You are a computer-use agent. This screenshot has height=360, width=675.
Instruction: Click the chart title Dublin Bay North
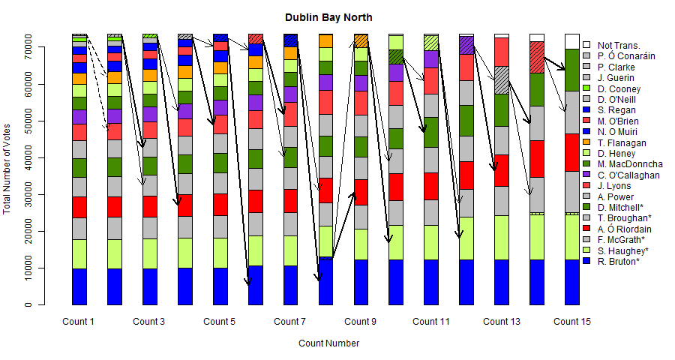328,17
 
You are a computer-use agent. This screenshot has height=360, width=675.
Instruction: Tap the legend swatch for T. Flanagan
586,142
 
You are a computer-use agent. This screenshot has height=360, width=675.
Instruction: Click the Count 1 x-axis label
78,322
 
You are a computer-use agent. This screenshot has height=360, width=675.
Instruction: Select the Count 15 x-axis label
572,322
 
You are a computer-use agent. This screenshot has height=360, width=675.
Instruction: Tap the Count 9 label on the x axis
361,322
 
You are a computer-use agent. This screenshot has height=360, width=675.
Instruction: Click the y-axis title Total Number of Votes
8,166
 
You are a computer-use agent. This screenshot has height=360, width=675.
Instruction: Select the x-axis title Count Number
328,343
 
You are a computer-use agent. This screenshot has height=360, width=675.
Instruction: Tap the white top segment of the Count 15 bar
572,41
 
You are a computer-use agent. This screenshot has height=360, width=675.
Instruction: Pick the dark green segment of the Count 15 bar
572,70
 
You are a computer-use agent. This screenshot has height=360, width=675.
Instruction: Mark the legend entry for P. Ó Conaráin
626,56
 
